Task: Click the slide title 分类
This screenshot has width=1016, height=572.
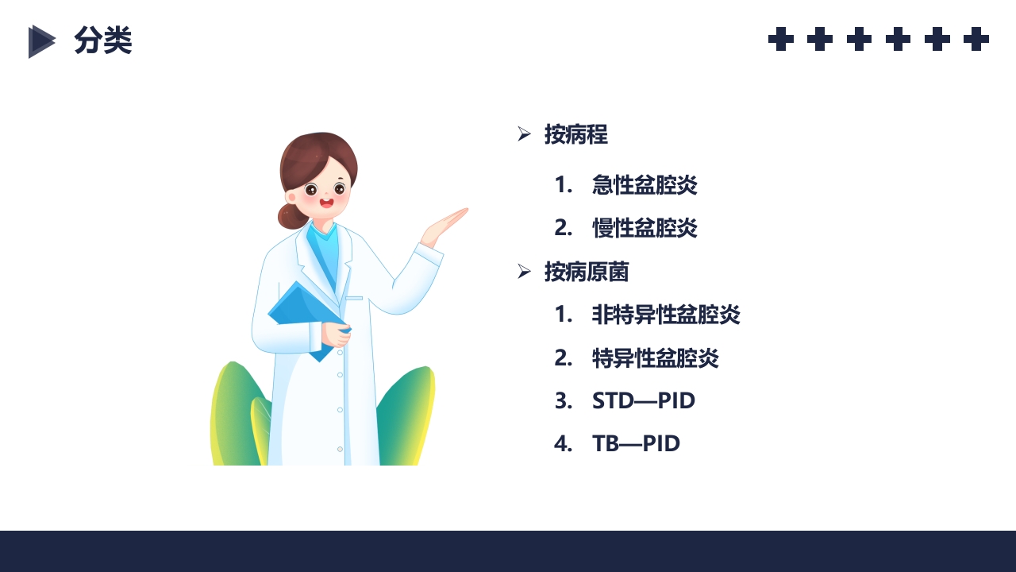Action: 102,41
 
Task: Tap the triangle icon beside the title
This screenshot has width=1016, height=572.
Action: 41,41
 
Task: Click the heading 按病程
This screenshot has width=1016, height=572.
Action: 575,134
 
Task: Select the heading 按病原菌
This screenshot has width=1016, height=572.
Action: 587,272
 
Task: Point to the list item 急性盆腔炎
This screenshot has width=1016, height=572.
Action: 645,185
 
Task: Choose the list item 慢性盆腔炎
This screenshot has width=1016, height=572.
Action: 645,228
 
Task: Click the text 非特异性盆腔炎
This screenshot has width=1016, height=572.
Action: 666,315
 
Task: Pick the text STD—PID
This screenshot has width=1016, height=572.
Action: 643,400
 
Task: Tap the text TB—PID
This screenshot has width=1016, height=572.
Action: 636,443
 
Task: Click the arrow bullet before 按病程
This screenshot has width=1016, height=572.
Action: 524,134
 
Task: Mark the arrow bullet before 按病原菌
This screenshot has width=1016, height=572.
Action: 524,272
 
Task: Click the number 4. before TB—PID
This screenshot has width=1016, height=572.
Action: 563,443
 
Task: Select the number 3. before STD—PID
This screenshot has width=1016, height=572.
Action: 563,400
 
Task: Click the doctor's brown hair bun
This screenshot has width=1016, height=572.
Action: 289,215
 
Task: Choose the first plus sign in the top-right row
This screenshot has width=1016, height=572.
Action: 781,39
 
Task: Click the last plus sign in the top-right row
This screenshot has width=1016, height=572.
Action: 976,39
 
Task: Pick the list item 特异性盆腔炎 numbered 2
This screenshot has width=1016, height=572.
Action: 655,357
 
